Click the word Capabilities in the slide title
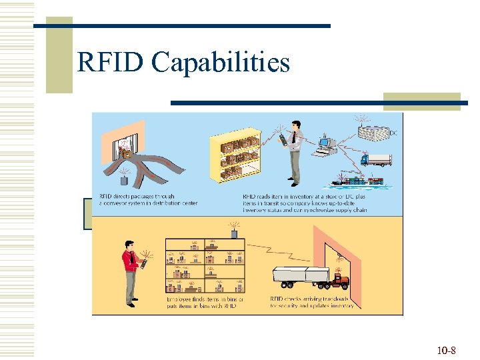pyautogui.click(x=220, y=63)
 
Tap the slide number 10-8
pyautogui.click(x=445, y=351)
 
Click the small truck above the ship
pyautogui.click(x=376, y=159)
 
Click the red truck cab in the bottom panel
pyautogui.click(x=339, y=280)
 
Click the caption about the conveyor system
pyautogui.click(x=137, y=201)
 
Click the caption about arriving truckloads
pyautogui.click(x=311, y=303)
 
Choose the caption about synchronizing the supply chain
pyautogui.click(x=313, y=205)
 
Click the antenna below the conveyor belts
pyautogui.click(x=124, y=179)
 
